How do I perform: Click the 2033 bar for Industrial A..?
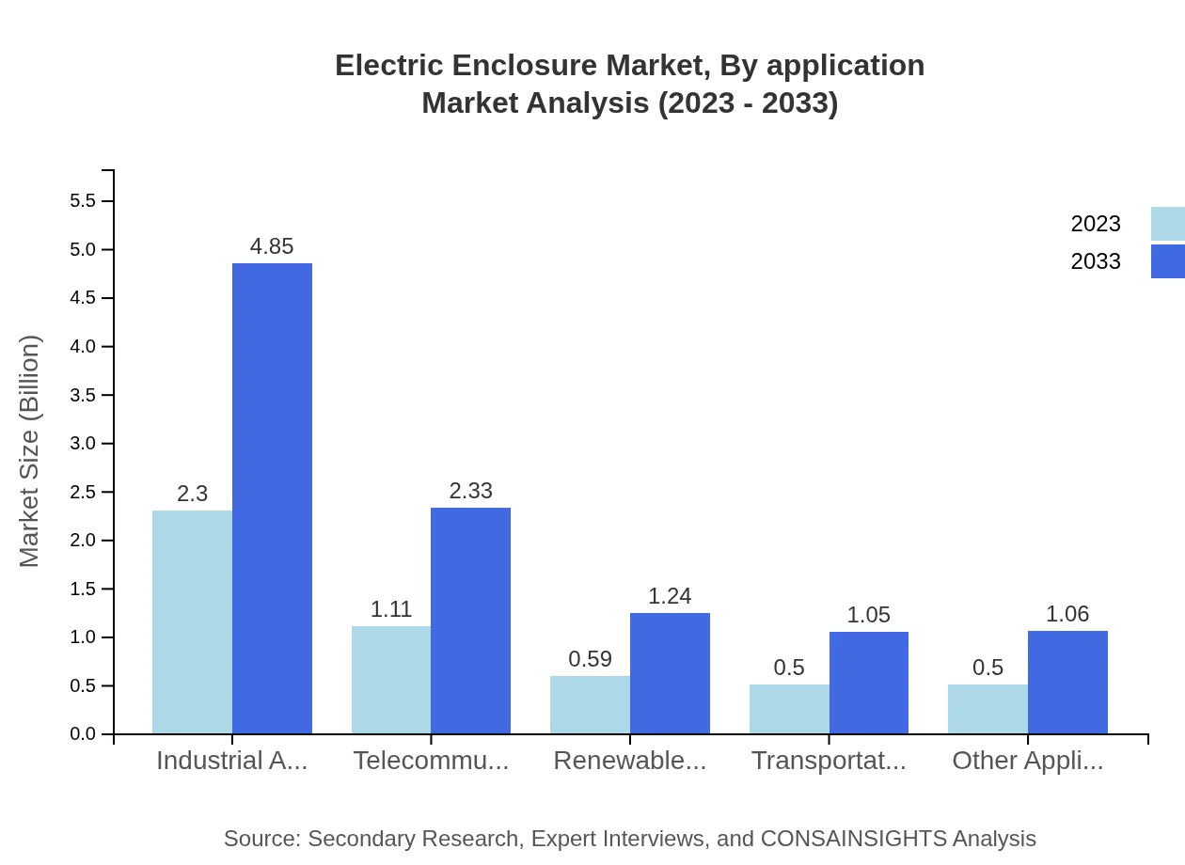tap(272, 498)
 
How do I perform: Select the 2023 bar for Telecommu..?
tap(391, 680)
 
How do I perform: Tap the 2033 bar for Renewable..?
tap(670, 673)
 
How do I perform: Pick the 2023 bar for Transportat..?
tap(789, 709)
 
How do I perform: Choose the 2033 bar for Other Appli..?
tap(1067, 682)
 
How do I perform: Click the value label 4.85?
tap(272, 246)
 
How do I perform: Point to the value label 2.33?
tap(470, 491)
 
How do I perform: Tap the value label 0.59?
tap(590, 659)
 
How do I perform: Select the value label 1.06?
tap(1067, 614)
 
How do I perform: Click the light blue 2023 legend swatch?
tap(1167, 224)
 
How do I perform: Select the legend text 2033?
tap(1096, 261)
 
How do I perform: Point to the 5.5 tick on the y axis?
tap(83, 201)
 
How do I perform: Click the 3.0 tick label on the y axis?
tap(83, 444)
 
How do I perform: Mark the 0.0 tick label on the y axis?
tap(83, 734)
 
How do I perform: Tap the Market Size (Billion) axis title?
tap(30, 451)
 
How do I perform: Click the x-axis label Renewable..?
tap(629, 761)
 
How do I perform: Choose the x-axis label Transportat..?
tap(829, 761)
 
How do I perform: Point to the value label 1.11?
tap(391, 609)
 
